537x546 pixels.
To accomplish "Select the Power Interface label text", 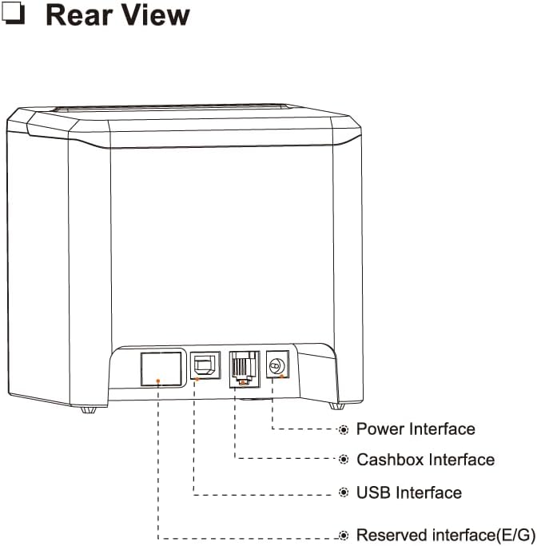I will (415, 429).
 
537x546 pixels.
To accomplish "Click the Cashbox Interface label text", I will (424, 460).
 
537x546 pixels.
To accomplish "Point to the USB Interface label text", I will (408, 492).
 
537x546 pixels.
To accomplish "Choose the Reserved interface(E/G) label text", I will (445, 534).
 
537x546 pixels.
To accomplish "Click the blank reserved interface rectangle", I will (159, 368).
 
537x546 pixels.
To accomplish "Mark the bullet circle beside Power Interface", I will (344, 430).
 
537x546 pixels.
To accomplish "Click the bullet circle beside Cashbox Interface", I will (344, 460).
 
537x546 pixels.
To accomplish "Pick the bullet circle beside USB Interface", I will (344, 492).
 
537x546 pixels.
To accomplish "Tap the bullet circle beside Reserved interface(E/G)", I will (344, 534).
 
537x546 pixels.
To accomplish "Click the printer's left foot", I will (88, 409).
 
